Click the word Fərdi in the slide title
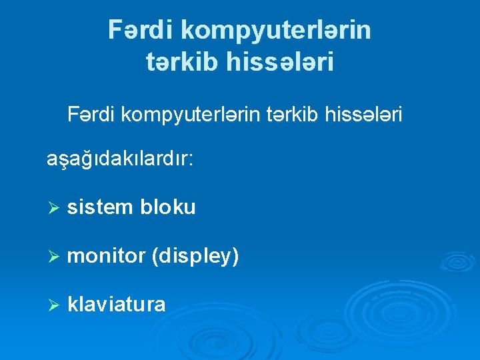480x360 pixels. tap(141, 30)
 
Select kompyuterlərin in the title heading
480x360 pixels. tap(276, 31)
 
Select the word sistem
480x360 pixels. tap(100, 207)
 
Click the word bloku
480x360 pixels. tap(168, 207)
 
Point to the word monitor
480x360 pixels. tap(106, 256)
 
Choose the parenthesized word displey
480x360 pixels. tap(195, 257)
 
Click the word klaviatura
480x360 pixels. tap(117, 305)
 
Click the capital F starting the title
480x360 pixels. tap(115, 30)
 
